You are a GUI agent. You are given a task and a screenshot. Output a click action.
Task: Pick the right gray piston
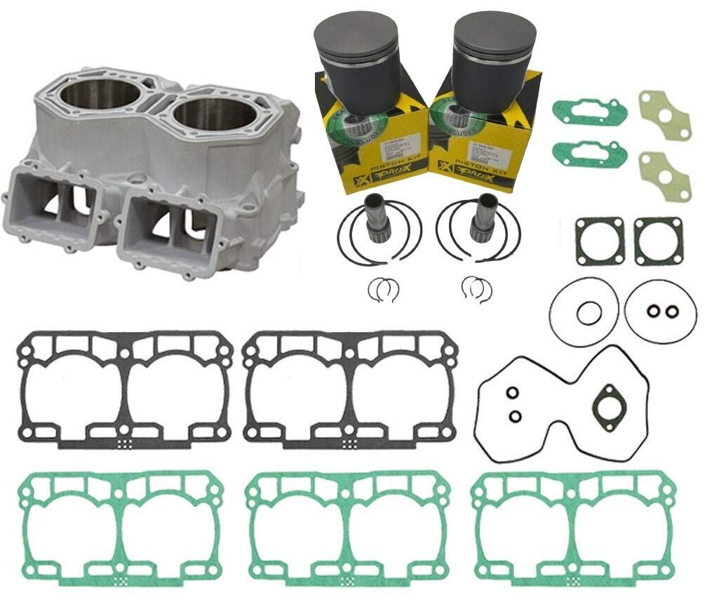coord(494,49)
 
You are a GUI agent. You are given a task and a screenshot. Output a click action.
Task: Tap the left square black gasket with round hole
coord(598,241)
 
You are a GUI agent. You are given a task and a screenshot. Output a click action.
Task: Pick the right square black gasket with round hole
coord(658,241)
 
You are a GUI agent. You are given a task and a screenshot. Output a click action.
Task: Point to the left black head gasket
coord(124,389)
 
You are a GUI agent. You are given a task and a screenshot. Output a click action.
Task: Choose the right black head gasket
coord(350,389)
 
